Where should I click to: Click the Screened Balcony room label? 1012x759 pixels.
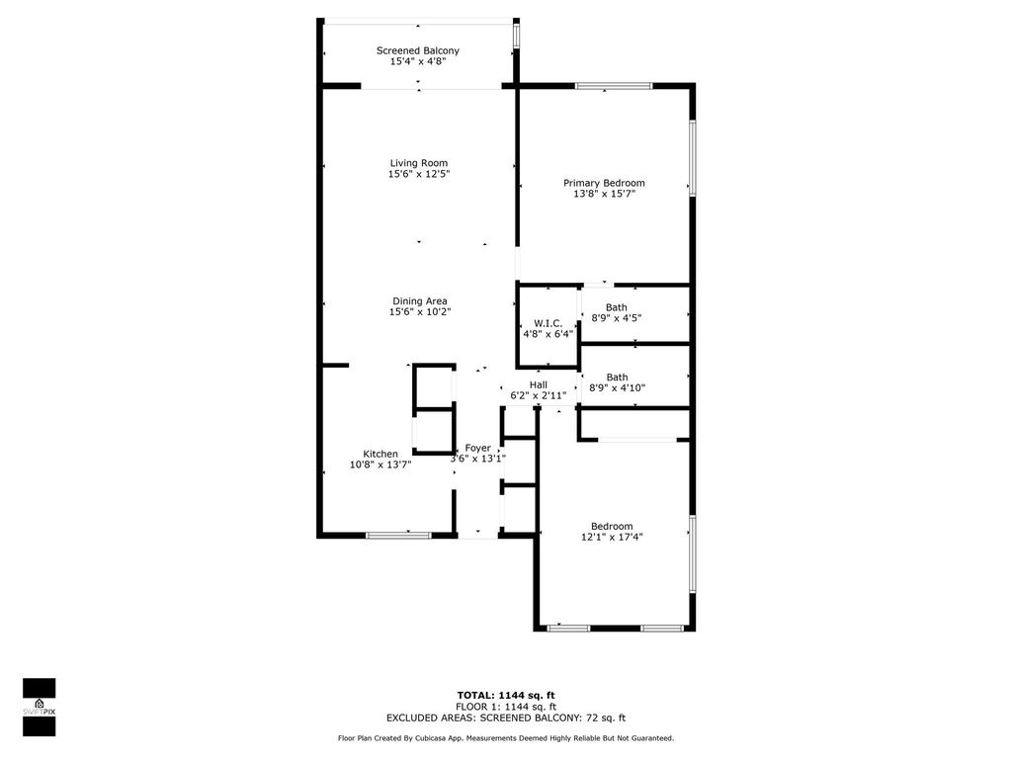pyautogui.click(x=417, y=50)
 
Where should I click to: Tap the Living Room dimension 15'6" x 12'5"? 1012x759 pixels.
pyautogui.click(x=418, y=175)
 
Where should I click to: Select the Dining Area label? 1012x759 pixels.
pyautogui.click(x=420, y=301)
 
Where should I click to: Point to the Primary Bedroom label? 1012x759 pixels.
pyautogui.click(x=604, y=183)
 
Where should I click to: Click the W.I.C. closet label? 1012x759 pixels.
pyautogui.click(x=548, y=323)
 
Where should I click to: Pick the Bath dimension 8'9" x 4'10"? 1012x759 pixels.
pyautogui.click(x=617, y=388)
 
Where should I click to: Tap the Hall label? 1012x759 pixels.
pyautogui.click(x=538, y=384)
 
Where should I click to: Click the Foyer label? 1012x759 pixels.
pyautogui.click(x=478, y=448)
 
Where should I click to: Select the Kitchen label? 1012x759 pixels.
pyautogui.click(x=380, y=454)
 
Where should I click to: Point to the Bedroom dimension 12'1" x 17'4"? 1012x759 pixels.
pyautogui.click(x=611, y=537)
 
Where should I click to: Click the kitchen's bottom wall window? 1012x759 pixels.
pyautogui.click(x=398, y=536)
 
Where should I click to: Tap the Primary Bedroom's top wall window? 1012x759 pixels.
pyautogui.click(x=614, y=87)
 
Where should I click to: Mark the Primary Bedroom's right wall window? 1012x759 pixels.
pyautogui.click(x=692, y=158)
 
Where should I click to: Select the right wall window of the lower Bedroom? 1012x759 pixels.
pyautogui.click(x=692, y=553)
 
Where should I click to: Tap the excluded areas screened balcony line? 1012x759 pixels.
pyautogui.click(x=506, y=718)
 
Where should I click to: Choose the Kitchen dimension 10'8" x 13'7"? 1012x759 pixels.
pyautogui.click(x=380, y=464)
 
